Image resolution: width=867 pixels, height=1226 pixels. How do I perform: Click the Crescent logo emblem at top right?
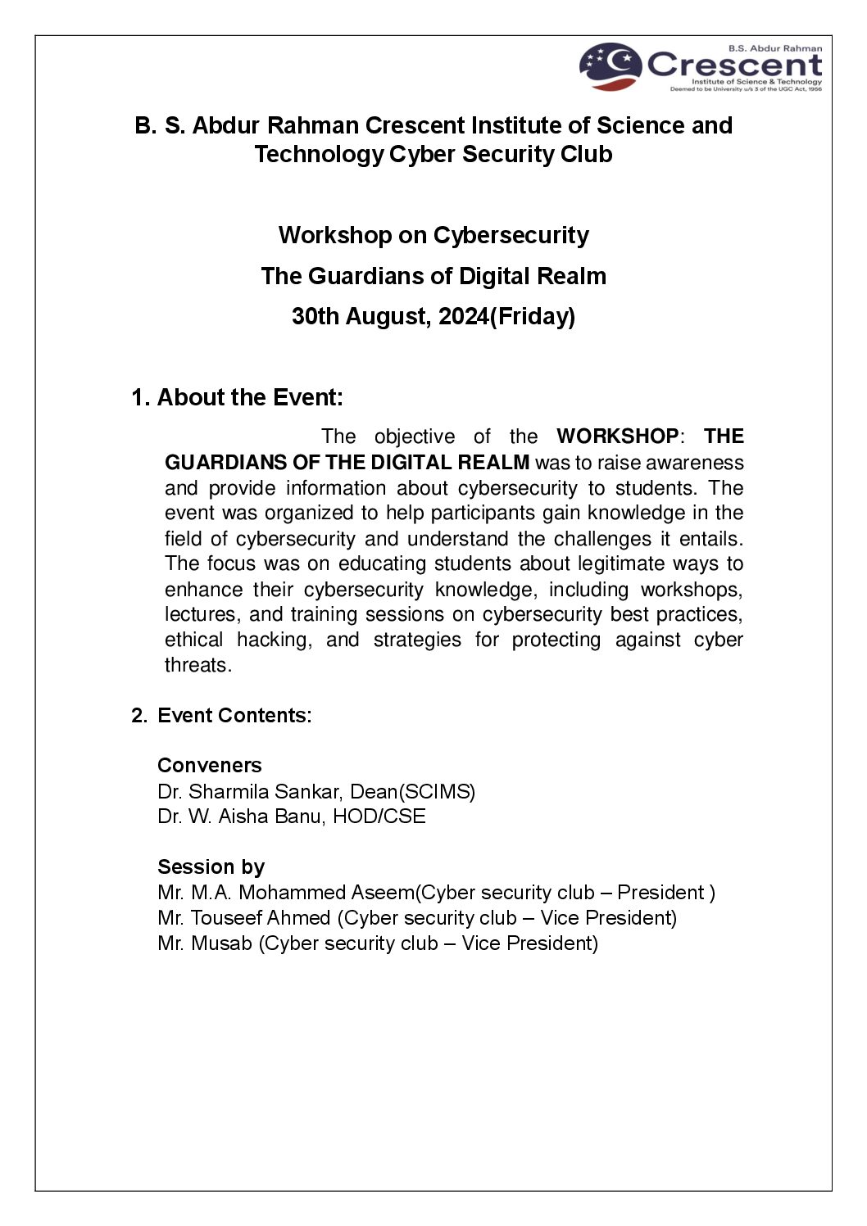click(611, 66)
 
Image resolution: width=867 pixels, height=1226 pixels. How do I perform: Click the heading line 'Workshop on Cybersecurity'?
click(433, 235)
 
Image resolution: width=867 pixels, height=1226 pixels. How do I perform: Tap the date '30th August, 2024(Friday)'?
click(433, 316)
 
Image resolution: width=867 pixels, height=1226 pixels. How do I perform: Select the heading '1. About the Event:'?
click(237, 397)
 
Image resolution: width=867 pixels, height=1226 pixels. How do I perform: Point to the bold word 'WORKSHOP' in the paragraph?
click(617, 437)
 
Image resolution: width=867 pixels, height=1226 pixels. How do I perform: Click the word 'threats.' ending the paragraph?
click(198, 665)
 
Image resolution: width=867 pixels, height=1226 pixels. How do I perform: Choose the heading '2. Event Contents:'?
click(222, 715)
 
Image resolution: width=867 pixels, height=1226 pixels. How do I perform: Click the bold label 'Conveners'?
click(210, 765)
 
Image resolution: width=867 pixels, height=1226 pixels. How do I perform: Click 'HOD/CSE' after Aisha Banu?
click(379, 817)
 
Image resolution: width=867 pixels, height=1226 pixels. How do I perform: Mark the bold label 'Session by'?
click(211, 866)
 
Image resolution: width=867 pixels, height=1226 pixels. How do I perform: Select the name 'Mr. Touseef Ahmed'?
click(244, 917)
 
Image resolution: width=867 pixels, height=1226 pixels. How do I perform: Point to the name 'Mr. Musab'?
click(205, 943)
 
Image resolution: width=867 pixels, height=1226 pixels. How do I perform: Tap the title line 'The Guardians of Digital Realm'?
click(433, 276)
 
